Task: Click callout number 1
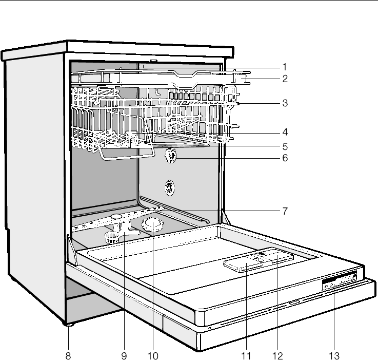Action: (284, 67)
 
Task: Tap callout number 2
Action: (284, 79)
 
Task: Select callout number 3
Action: (284, 103)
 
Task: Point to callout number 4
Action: (284, 131)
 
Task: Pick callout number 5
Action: (284, 145)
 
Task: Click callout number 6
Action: (284, 158)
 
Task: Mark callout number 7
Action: (284, 210)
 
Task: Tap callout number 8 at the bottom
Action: (68, 354)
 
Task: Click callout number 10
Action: (152, 354)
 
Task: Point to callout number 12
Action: (278, 354)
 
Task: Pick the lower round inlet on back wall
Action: (169, 188)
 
